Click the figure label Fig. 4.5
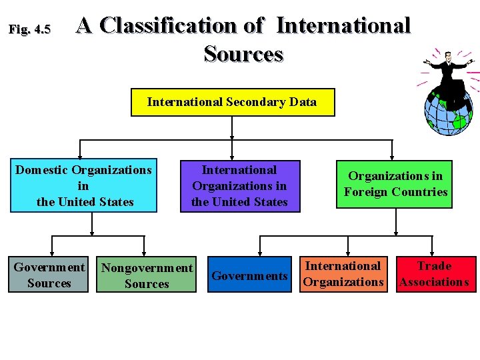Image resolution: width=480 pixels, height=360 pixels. [29, 29]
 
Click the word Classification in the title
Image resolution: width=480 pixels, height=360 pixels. [170, 26]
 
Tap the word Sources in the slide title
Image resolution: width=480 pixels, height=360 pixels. [243, 53]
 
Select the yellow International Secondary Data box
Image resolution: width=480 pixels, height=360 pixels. [232, 102]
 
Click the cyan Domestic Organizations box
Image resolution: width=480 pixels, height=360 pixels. [84, 186]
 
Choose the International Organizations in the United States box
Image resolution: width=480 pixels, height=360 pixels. [239, 186]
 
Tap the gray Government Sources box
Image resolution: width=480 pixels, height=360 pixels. [49, 275]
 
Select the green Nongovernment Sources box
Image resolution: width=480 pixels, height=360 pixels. [147, 276]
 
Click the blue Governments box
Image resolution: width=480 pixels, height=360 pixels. [249, 275]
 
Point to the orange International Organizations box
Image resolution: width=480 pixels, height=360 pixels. [343, 274]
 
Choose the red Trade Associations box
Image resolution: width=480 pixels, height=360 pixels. [434, 274]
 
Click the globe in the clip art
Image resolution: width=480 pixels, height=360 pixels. [449, 110]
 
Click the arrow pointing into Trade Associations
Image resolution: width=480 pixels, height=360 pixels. [434, 251]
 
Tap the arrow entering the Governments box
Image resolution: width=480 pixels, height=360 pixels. [260, 251]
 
